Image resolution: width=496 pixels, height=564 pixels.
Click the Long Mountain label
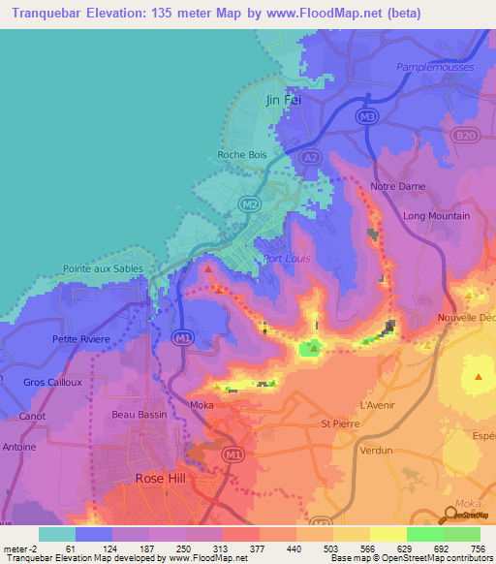436,216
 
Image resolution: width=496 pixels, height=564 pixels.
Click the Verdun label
376,451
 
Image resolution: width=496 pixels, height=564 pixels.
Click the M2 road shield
250,204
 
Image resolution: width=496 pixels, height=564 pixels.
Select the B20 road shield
465,138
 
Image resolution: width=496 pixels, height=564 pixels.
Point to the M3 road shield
366,117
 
